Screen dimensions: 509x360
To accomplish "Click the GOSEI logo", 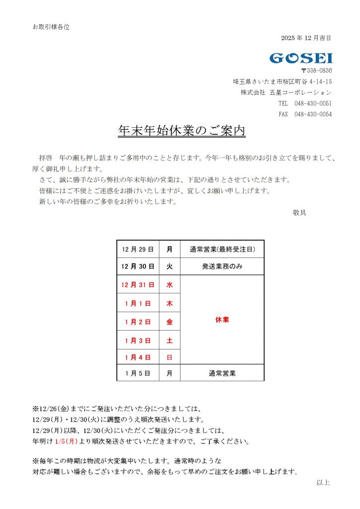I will point(301,58).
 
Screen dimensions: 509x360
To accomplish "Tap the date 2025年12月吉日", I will point(306,38).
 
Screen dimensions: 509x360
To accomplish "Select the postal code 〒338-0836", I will point(316,71).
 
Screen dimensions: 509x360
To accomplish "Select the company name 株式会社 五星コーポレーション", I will point(286,92).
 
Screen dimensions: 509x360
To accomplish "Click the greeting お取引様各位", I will point(51,27).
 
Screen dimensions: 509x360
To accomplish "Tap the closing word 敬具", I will point(299,213).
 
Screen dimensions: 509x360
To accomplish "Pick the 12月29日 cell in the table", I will point(138,249).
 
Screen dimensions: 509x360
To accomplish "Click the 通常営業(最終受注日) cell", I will point(222,249).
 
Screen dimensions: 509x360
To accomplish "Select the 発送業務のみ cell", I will point(222,267).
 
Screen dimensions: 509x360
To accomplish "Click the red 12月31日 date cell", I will point(138,285).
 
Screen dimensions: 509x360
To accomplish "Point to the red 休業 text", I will point(222,320).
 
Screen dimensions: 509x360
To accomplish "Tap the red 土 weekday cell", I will point(170,340).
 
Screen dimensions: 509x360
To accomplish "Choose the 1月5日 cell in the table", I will point(138,373).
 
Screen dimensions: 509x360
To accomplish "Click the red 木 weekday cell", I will point(170,304).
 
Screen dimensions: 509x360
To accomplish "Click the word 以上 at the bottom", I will point(323,482).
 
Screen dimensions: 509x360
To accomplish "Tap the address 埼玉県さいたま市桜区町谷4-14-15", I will point(282,82).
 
